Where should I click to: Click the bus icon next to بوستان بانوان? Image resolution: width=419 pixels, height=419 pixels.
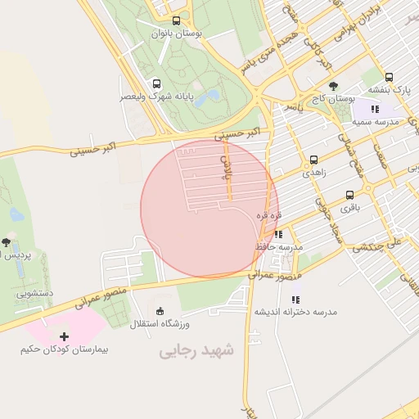pyautogui.click(x=177, y=21)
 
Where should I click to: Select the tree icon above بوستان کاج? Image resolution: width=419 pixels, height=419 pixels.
pyautogui.click(x=332, y=86)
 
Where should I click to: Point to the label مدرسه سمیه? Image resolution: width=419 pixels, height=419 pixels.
pyautogui.click(x=375, y=121)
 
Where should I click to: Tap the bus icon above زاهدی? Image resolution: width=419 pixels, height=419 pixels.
pyautogui.click(x=313, y=160)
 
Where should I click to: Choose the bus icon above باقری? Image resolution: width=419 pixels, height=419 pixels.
pyautogui.click(x=350, y=195)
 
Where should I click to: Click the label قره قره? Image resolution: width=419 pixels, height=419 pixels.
pyautogui.click(x=270, y=214)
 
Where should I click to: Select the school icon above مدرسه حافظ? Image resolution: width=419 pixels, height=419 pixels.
pyautogui.click(x=278, y=235)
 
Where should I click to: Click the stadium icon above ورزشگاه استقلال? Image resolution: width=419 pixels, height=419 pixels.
pyautogui.click(x=160, y=310)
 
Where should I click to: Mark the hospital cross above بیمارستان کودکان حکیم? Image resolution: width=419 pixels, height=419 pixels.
pyautogui.click(x=65, y=336)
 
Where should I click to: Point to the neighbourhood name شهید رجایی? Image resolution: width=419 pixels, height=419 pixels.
pyautogui.click(x=196, y=350)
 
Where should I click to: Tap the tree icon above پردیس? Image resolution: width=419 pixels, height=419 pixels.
pyautogui.click(x=7, y=242)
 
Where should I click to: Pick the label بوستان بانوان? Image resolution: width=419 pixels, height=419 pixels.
pyautogui.click(x=177, y=34)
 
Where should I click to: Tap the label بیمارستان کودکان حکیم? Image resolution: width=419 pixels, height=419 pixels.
pyautogui.click(x=65, y=349)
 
